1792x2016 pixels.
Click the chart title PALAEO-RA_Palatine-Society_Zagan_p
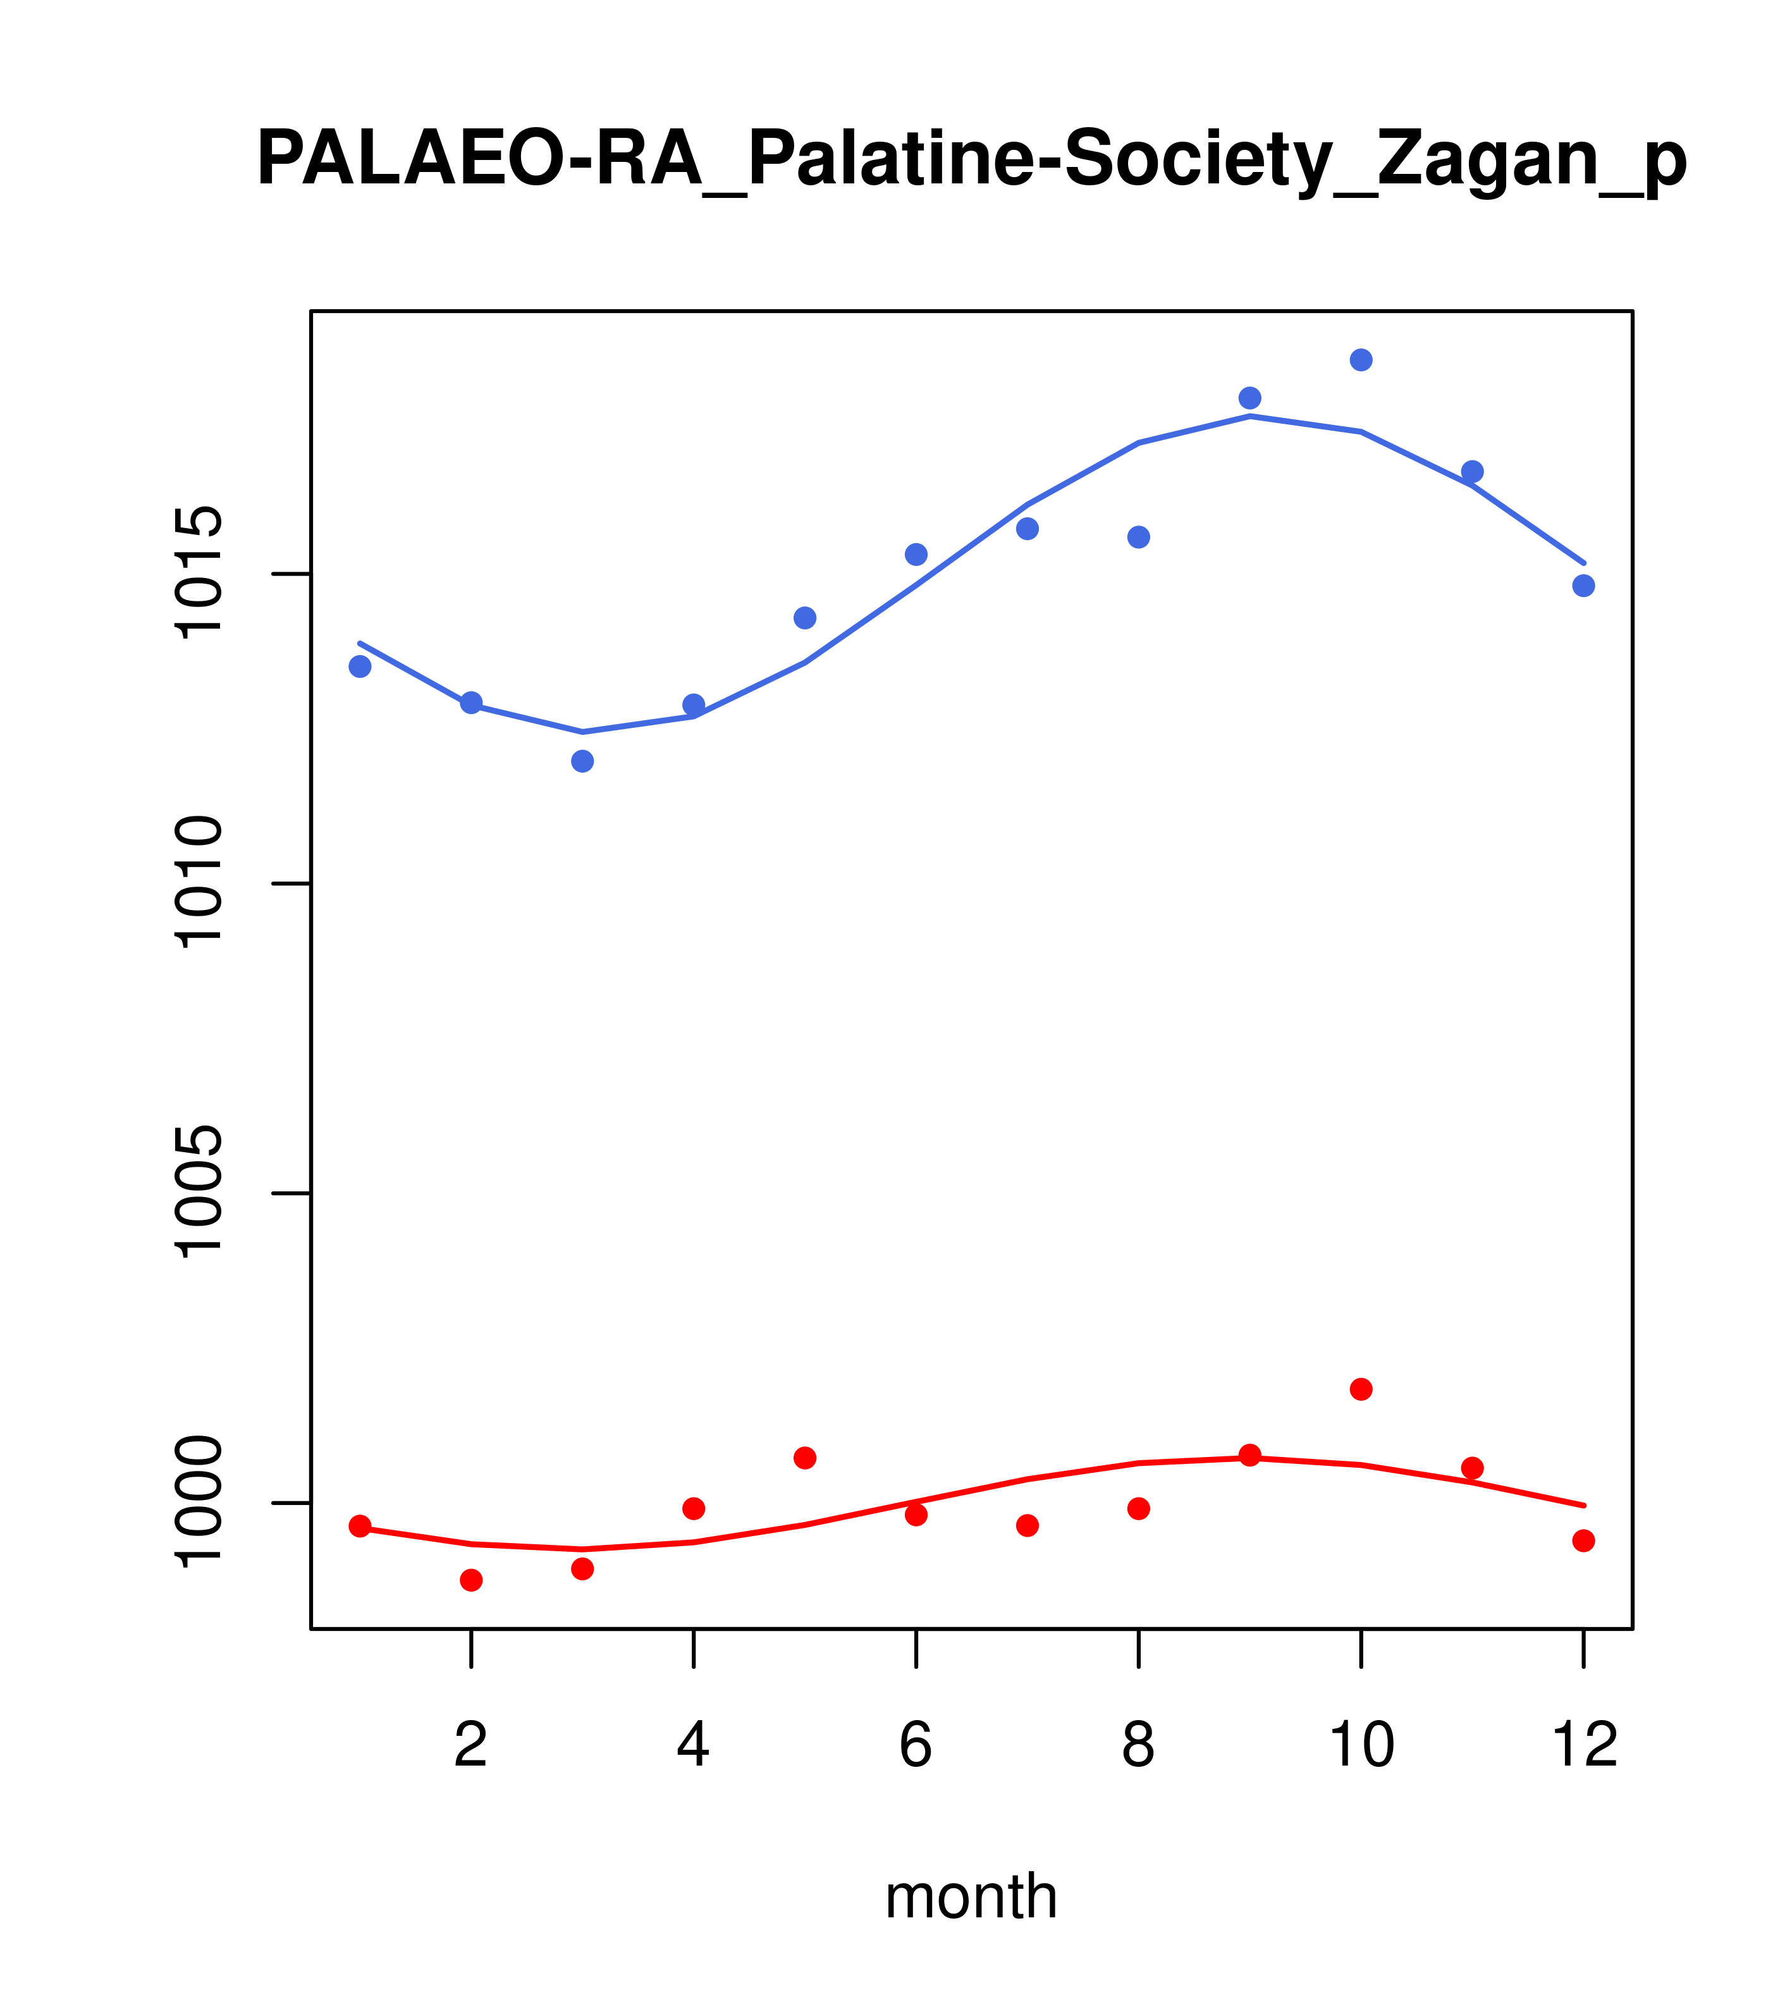pos(971,160)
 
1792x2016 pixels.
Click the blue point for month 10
pos(1361,360)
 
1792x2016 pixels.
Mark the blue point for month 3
pos(583,761)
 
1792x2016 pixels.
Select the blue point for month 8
pos(1139,536)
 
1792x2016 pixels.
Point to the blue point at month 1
pos(360,667)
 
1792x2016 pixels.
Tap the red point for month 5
pos(805,1458)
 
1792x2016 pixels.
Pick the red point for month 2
pos(472,1580)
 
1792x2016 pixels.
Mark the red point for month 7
pos(1028,1526)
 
